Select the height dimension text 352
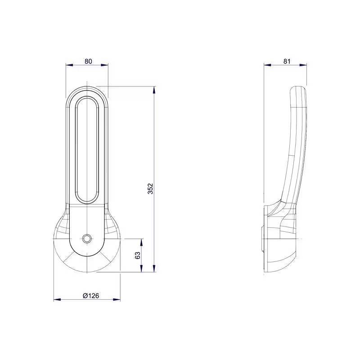point(150,189)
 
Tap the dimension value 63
point(138,255)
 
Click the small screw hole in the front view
point(87,238)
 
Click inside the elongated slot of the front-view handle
point(87,148)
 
